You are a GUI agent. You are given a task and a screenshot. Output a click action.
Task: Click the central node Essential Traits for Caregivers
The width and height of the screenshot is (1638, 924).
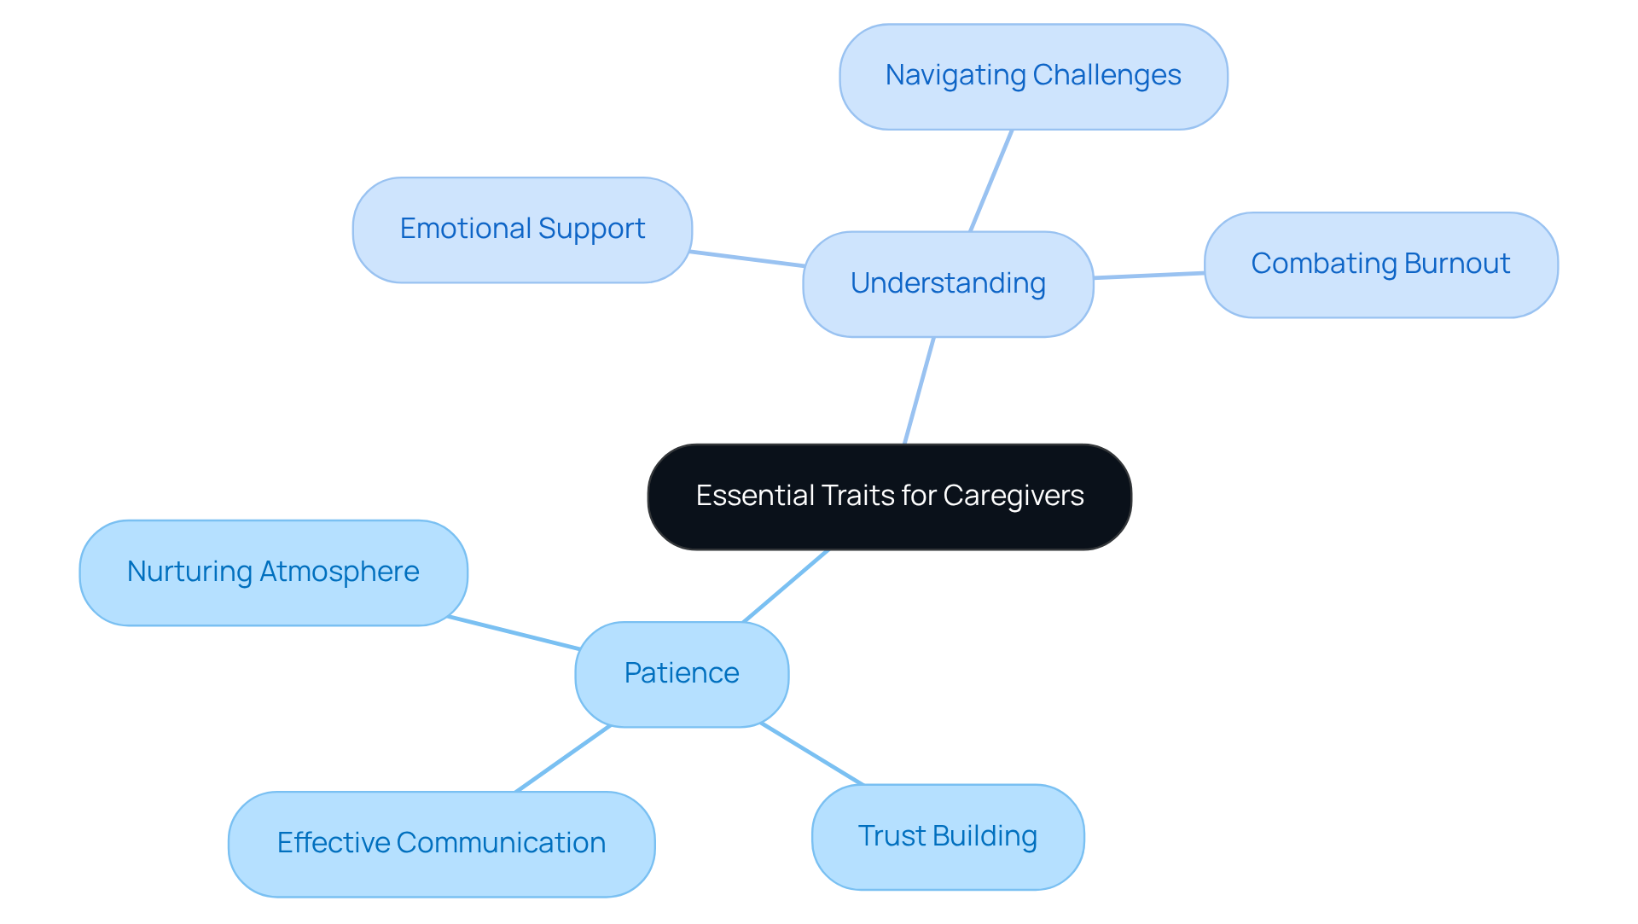pos(889,497)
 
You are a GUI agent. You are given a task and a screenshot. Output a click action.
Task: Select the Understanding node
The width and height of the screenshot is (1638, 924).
pos(948,284)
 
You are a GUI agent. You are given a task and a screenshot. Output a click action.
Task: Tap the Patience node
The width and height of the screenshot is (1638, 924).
pos(682,674)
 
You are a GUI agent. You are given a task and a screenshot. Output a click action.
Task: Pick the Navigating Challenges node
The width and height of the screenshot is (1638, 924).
pos(1033,77)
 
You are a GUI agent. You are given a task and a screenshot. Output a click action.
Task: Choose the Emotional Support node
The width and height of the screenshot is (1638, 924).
pos(522,230)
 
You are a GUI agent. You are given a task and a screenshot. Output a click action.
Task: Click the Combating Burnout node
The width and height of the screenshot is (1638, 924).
pos(1380,264)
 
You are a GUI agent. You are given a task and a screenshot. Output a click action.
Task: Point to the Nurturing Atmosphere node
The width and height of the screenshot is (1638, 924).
pos(273,572)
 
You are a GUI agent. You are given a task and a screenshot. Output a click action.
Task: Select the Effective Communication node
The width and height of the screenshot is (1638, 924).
pos(441,844)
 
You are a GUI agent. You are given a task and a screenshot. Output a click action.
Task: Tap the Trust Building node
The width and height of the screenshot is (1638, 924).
pos(947,837)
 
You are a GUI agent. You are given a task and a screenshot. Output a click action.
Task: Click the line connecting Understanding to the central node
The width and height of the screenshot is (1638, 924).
pos(920,390)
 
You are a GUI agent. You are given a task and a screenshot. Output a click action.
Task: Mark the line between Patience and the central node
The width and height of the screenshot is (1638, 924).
pos(786,586)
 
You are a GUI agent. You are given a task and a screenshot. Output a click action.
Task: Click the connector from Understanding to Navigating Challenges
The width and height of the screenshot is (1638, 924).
pos(990,181)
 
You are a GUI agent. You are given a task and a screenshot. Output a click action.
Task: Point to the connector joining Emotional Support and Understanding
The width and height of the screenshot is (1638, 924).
pos(747,259)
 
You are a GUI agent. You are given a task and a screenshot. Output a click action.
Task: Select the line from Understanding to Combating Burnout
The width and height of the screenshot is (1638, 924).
pos(1148,276)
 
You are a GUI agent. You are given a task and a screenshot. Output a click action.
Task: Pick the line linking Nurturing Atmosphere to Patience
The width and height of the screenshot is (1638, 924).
pos(514,633)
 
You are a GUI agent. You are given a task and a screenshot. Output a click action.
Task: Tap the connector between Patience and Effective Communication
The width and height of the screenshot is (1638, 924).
pos(563,758)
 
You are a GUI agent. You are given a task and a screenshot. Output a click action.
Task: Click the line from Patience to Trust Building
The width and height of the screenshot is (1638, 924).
pos(811,753)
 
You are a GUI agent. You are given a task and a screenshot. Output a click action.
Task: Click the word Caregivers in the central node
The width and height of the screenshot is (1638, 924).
pos(1014,496)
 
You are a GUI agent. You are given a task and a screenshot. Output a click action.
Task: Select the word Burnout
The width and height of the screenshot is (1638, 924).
pos(1457,264)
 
